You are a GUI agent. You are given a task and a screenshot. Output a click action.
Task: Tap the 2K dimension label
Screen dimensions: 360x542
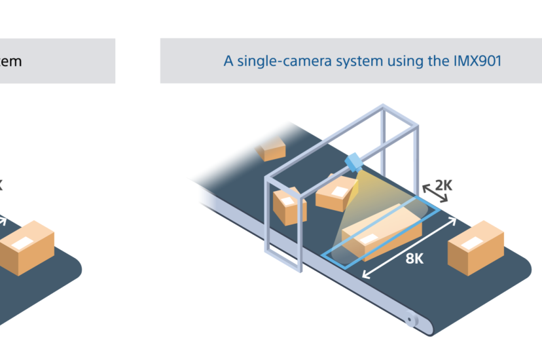443,185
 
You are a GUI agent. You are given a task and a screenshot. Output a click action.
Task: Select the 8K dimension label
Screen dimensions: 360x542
414,258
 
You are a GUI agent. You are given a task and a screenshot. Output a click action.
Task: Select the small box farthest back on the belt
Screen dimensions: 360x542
270,150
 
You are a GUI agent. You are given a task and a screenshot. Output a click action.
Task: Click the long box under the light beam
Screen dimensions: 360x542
383,229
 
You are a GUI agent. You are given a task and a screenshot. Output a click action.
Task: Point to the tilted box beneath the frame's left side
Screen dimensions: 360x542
288,206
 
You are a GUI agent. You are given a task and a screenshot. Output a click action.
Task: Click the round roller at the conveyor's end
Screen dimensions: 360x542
412,321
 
